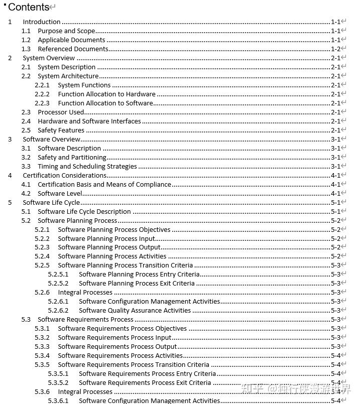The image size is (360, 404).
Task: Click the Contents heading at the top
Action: click(x=29, y=7)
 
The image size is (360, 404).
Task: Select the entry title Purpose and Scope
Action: click(x=66, y=31)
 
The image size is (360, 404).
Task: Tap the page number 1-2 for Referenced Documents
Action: click(x=335, y=49)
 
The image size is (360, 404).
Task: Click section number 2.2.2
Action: click(x=42, y=94)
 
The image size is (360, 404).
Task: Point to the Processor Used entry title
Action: click(x=61, y=112)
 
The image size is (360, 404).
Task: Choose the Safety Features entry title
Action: click(x=61, y=130)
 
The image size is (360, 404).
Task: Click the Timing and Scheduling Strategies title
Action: click(x=87, y=167)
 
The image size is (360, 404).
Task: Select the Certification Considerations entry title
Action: click(x=64, y=176)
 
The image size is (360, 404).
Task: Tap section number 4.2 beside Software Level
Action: click(x=26, y=194)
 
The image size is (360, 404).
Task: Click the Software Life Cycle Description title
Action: click(x=84, y=212)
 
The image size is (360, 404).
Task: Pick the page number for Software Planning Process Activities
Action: click(x=335, y=256)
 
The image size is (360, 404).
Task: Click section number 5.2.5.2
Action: click(x=58, y=284)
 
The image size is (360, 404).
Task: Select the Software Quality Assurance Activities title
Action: click(x=135, y=311)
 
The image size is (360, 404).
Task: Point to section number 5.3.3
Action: click(x=42, y=347)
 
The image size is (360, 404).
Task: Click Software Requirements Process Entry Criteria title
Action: click(x=147, y=374)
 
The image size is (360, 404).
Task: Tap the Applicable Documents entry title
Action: click(x=71, y=40)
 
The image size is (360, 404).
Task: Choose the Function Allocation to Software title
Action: click(x=105, y=103)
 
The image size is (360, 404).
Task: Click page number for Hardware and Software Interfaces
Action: click(x=335, y=121)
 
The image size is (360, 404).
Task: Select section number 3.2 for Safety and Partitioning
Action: click(x=26, y=158)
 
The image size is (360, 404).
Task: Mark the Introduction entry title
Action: click(x=42, y=22)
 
